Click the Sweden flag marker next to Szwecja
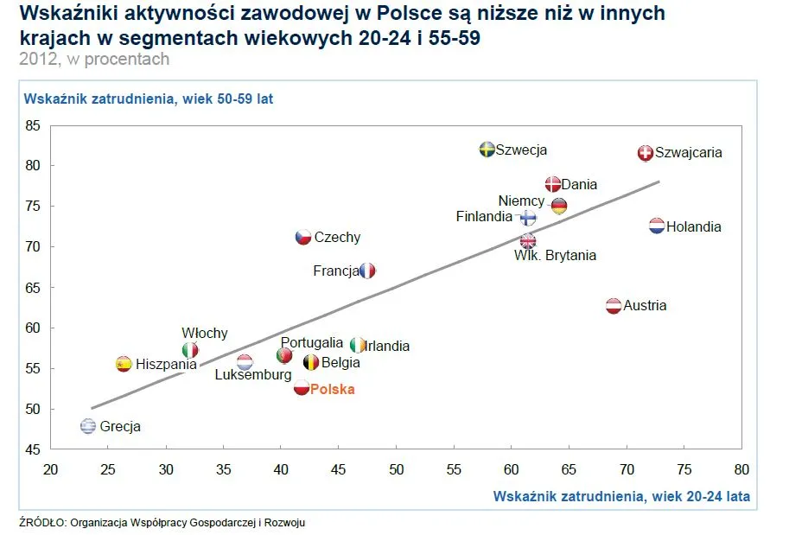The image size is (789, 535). (x=487, y=150)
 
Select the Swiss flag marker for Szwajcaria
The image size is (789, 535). (x=645, y=153)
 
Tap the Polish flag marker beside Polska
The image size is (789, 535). (x=302, y=388)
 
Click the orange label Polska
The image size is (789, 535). (x=333, y=390)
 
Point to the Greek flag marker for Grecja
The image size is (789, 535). (x=88, y=426)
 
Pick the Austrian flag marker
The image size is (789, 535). (x=613, y=305)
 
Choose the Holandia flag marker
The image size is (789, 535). (x=657, y=226)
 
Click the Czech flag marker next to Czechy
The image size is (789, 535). (x=303, y=237)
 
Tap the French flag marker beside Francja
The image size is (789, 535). (x=368, y=271)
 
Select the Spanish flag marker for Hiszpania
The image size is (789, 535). (x=124, y=364)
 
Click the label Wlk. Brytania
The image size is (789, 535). (x=555, y=256)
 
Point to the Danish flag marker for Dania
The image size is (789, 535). (x=553, y=184)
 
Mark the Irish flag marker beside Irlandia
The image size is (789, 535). (x=358, y=346)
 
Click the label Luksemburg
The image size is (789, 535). (x=253, y=375)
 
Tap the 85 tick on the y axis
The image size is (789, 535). (x=32, y=125)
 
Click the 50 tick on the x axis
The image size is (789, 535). (x=396, y=470)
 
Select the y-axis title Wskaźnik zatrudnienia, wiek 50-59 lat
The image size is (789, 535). (x=149, y=99)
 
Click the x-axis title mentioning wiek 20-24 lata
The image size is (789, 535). (x=621, y=496)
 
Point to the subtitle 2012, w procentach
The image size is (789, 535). (x=93, y=59)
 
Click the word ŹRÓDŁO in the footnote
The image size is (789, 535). (x=41, y=522)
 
